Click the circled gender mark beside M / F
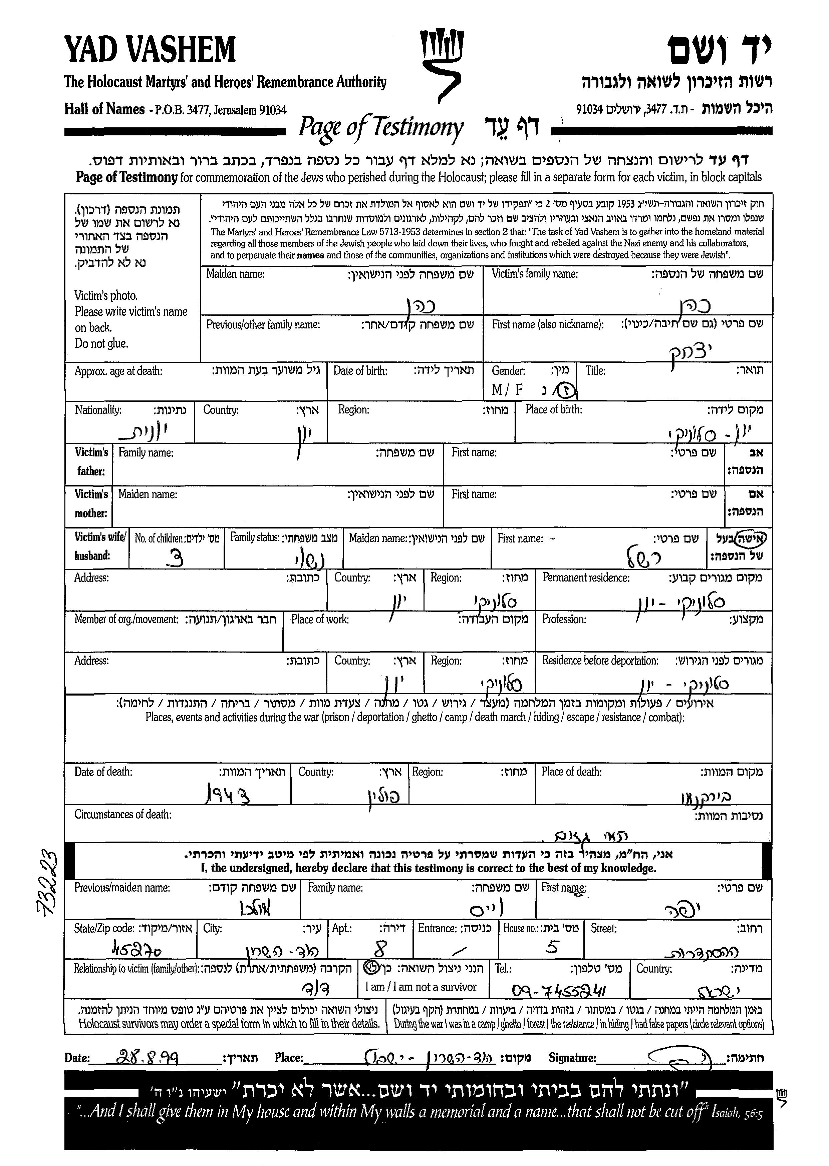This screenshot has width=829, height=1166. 567,391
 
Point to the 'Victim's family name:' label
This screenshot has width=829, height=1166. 534,274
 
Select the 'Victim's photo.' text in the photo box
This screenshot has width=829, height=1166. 106,296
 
